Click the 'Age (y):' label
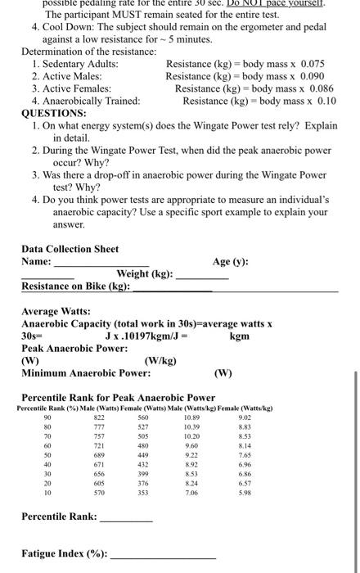pyautogui.click(x=232, y=262)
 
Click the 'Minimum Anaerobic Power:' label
pyautogui.click(x=86, y=372)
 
